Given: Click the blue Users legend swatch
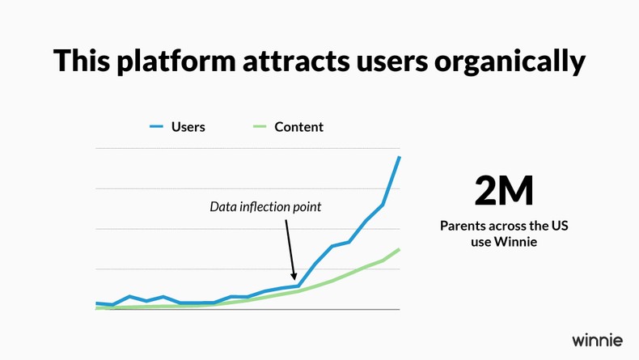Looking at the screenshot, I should click(x=156, y=127).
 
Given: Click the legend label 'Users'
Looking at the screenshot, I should click(x=188, y=127).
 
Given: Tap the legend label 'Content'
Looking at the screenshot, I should click(x=298, y=127).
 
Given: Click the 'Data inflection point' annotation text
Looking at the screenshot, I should click(x=265, y=207).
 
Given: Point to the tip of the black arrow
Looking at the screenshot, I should click(x=294, y=280).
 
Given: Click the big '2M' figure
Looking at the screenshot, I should click(x=504, y=191).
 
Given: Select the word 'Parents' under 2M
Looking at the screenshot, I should click(x=464, y=226).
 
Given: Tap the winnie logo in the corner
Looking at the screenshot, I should click(x=597, y=339).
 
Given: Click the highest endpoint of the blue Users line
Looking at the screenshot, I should click(x=400, y=157).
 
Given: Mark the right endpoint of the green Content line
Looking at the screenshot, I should click(x=400, y=249).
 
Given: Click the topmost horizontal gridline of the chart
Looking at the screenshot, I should click(x=247, y=149).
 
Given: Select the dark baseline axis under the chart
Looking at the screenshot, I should click(x=247, y=309).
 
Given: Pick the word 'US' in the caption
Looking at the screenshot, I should click(x=560, y=226).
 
